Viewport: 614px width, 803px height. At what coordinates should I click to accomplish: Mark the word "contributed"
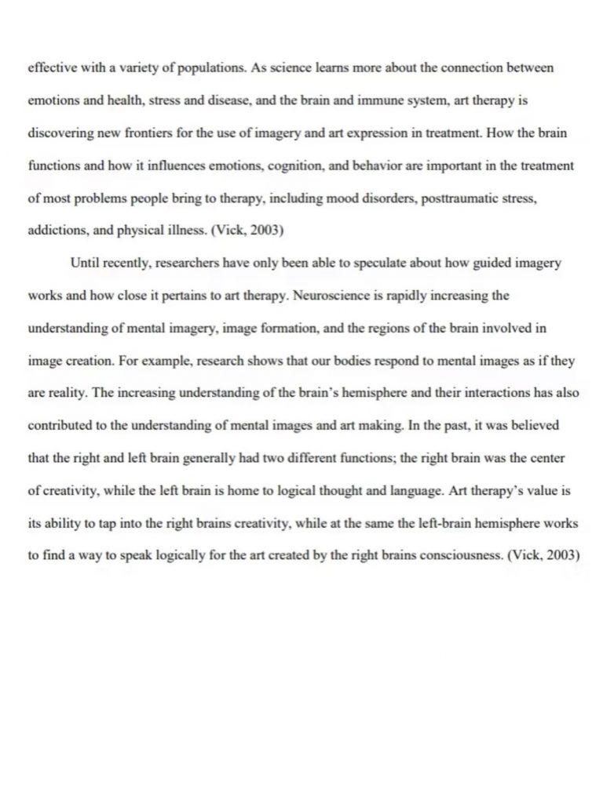[60, 427]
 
